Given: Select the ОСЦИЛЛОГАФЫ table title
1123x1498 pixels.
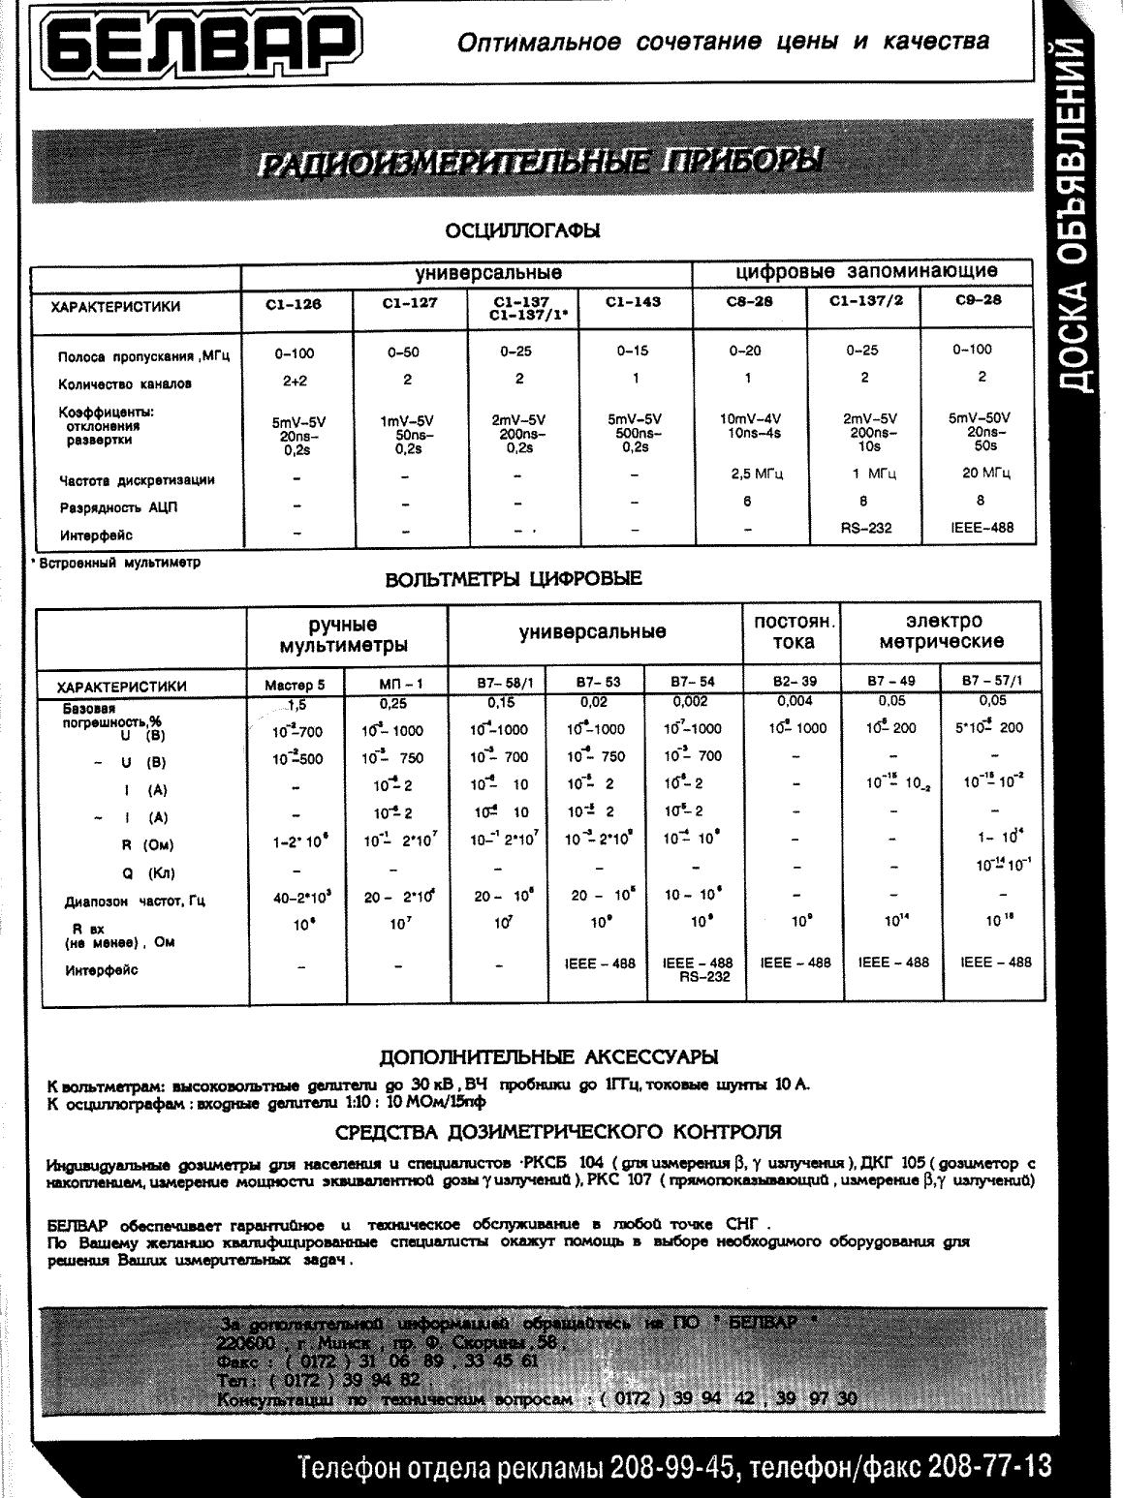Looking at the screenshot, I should pyautogui.click(x=522, y=230).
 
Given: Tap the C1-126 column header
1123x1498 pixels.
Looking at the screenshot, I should pyautogui.click(x=294, y=303).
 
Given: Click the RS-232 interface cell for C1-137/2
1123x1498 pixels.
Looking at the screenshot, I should pyautogui.click(x=865, y=529).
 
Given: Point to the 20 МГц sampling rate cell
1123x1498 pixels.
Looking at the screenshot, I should pyautogui.click(x=981, y=474).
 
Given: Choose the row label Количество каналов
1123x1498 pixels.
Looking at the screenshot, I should pyautogui.click(x=125, y=383).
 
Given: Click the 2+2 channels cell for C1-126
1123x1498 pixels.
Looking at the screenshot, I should pyautogui.click(x=295, y=382).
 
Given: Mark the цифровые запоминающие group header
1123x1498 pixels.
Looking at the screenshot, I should pyautogui.click(x=865, y=271).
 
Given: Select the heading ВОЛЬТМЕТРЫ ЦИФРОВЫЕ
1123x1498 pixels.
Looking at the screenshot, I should pyautogui.click(x=514, y=580).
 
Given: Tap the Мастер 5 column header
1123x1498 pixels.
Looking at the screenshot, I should pyautogui.click(x=295, y=684).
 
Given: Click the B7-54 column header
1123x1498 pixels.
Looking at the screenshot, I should pyautogui.click(x=693, y=682).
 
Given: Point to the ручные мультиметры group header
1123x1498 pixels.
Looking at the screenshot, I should pyautogui.click(x=343, y=634).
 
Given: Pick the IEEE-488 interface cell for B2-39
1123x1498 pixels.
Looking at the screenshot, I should pyautogui.click(x=796, y=963).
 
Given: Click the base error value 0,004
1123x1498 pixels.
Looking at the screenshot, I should pyautogui.click(x=795, y=701).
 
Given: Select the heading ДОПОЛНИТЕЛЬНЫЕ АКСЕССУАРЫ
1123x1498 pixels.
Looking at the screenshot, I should pyautogui.click(x=547, y=1055).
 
